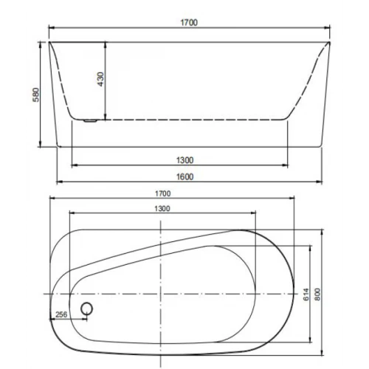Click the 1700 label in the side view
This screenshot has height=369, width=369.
pos(189,23)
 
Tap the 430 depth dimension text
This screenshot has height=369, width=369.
pos(101,79)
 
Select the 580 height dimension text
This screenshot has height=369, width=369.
pos(36,94)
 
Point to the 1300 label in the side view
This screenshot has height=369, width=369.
pos(184,160)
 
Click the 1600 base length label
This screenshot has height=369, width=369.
pos(184,176)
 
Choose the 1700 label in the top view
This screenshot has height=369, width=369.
pos(162,193)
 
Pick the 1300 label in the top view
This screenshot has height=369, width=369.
pos(162,209)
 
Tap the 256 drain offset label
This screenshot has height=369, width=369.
pos(61,314)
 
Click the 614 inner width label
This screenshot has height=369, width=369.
pos(306,294)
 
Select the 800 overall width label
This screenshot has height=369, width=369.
pos(317,294)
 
